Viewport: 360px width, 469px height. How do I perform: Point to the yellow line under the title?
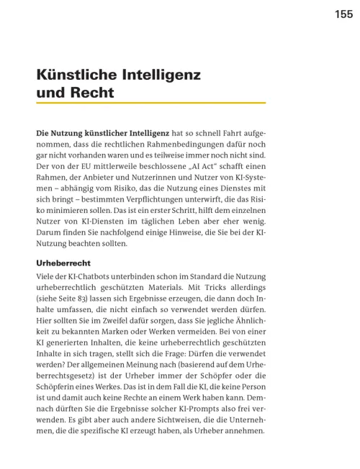[150, 104]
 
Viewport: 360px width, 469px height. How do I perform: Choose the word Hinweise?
[186, 234]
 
